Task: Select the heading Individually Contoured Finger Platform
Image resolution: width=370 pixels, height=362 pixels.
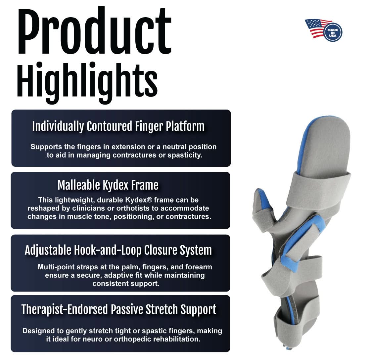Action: click(118, 126)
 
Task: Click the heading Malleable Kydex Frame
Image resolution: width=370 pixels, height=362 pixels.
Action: click(108, 185)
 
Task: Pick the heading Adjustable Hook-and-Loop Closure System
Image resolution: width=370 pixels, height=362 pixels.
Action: click(118, 250)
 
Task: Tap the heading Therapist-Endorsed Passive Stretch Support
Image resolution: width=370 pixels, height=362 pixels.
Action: click(119, 309)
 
